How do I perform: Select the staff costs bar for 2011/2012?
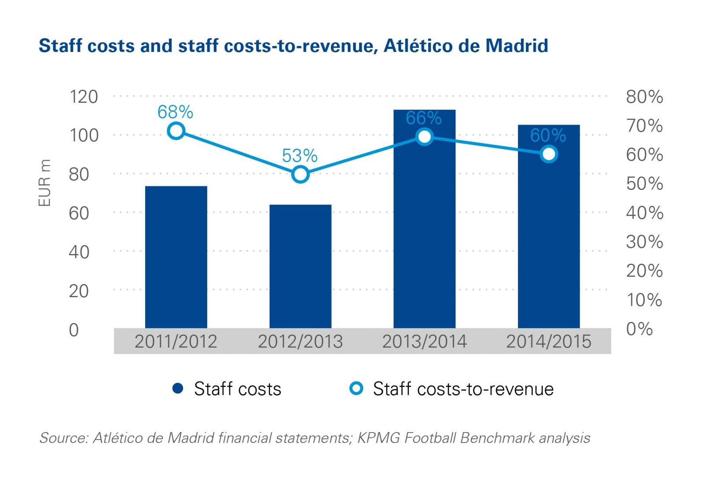tap(176, 257)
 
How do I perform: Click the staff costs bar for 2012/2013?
tap(300, 266)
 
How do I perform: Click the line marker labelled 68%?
tap(176, 131)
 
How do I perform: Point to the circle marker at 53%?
tap(300, 175)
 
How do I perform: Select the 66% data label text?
tap(423, 118)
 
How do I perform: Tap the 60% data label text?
tap(548, 135)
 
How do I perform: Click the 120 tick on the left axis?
tap(84, 97)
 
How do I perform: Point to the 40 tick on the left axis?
tap(79, 252)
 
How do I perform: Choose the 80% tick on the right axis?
tap(644, 97)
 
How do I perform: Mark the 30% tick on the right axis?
tap(644, 242)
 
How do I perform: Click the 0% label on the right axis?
tap(639, 329)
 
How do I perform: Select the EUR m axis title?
tap(44, 183)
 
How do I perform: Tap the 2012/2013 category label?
tap(300, 342)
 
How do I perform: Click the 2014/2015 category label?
tap(548, 342)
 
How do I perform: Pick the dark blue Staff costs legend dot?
tap(178, 389)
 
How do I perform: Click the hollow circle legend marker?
tap(356, 389)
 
